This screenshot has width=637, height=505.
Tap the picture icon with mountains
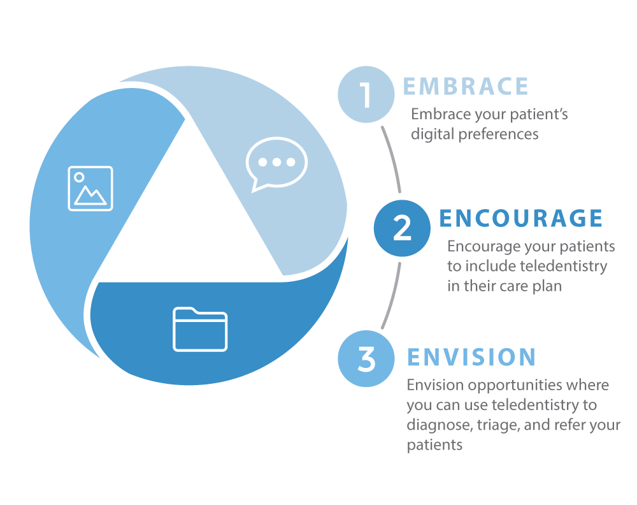90,188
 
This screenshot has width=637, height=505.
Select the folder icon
200,329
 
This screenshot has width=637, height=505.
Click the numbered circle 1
366,94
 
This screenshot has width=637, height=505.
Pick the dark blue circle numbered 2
402,228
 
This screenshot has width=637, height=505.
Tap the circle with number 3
366,358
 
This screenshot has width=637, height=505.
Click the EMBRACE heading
466,86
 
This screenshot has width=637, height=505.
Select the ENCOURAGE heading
521,218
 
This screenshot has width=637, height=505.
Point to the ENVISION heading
471,357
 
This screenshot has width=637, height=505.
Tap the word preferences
499,135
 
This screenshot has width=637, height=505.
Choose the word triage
499,425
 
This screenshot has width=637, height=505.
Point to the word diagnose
440,425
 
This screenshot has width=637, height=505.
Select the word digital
433,135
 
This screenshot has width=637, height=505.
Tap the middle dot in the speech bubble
276,162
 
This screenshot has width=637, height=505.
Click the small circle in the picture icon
79,177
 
